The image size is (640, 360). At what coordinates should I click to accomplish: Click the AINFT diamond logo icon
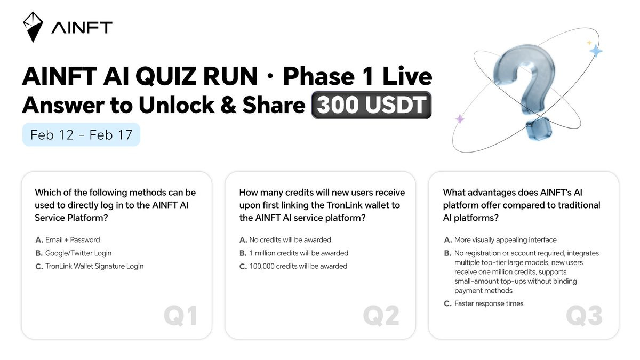point(33,27)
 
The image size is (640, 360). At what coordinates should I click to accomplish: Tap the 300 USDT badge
point(371,105)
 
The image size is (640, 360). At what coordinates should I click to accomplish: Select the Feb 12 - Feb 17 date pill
point(81,134)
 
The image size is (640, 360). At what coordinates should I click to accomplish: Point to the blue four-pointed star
point(596,51)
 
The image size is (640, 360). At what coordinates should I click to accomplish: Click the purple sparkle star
point(460,119)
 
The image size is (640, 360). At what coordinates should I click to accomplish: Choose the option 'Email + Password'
point(68,239)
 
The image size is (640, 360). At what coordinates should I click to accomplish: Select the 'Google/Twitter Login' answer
point(74,253)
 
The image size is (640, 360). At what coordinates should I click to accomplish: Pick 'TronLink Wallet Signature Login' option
point(90,266)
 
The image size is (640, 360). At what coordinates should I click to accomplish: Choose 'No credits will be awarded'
point(285,239)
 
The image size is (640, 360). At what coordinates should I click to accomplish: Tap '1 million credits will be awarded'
point(294,253)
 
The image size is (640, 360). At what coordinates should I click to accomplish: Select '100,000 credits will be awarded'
point(293,266)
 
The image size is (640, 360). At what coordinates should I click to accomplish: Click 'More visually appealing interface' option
point(500,239)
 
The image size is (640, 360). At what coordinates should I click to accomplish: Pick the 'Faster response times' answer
point(484,303)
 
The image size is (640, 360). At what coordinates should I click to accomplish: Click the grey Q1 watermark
point(181,315)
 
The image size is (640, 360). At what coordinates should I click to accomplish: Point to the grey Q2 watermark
point(381,315)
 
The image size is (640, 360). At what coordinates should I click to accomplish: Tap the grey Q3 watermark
point(585,315)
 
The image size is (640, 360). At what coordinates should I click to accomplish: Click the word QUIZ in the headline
point(165,76)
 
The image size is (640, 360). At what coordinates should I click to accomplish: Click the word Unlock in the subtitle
point(177,105)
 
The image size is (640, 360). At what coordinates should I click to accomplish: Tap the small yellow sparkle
point(589,43)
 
